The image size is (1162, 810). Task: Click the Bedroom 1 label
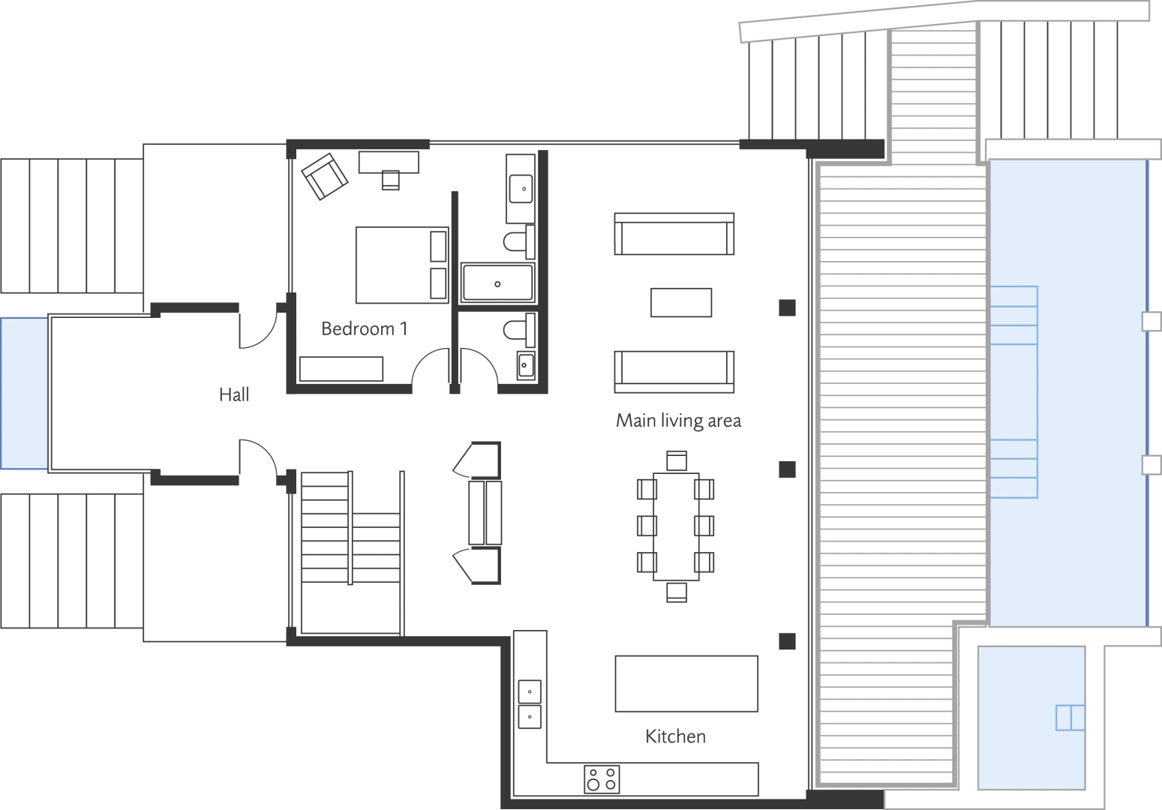364,328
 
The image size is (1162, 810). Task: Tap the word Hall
234,394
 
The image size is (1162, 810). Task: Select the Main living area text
678,421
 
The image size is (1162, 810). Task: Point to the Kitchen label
675,736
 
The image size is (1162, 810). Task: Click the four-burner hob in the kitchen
602,779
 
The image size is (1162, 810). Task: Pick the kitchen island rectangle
686,683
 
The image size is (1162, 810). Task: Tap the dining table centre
676,526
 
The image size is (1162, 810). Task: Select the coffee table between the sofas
680,302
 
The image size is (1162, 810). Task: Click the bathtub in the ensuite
497,283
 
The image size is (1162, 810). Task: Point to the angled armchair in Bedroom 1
324,176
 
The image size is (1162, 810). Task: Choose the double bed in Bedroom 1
401,265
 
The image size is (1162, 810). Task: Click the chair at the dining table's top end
676,460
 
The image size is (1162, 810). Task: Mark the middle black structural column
787,469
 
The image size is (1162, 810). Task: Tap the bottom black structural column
787,641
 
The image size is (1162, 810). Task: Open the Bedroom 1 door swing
430,367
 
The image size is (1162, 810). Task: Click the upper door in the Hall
257,330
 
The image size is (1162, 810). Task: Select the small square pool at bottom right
1031,717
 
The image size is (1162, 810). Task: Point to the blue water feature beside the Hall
24,394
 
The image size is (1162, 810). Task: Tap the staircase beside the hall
350,553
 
